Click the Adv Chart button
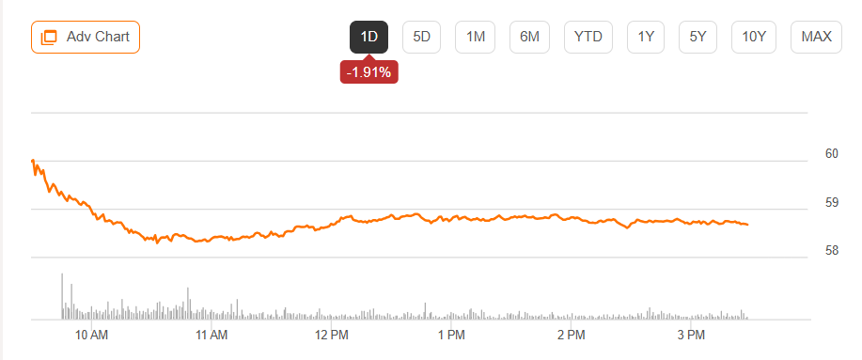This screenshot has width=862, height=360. [x=86, y=37]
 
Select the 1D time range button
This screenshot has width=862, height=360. [x=368, y=37]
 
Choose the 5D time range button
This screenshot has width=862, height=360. [x=422, y=37]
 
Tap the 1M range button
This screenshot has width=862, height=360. [x=475, y=37]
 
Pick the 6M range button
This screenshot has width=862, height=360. [x=529, y=37]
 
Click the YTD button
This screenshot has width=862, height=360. [x=588, y=37]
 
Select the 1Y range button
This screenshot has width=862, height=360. [x=646, y=37]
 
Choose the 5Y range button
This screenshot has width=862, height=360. [x=697, y=37]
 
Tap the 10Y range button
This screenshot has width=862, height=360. [x=754, y=37]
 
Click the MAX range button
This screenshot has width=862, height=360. [x=816, y=37]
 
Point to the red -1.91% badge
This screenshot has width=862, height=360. [x=368, y=72]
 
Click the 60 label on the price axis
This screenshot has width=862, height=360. [x=832, y=154]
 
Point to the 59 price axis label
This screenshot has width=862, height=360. [x=832, y=202]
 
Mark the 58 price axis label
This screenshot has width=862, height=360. [x=832, y=251]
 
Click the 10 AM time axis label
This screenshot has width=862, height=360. [x=91, y=335]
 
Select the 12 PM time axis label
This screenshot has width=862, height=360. [x=332, y=335]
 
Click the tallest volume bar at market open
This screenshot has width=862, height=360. [x=62, y=296]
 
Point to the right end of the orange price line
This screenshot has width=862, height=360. [x=747, y=225]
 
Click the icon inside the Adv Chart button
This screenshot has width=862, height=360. [x=49, y=38]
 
